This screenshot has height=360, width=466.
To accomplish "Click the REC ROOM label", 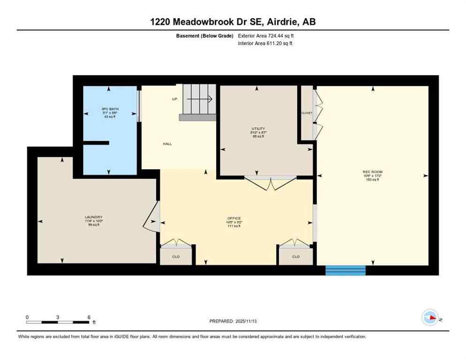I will click(x=372, y=172).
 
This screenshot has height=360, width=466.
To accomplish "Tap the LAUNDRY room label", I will click(x=93, y=217).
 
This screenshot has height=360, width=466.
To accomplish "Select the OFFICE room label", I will click(x=233, y=218).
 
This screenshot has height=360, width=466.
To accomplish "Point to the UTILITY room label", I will click(x=258, y=129).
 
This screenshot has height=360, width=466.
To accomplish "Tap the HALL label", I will click(x=167, y=144).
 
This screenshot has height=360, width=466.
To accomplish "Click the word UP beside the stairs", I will click(x=174, y=99).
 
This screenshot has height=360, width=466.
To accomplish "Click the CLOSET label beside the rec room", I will click(x=307, y=113).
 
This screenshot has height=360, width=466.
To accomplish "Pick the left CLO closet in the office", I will click(x=176, y=256).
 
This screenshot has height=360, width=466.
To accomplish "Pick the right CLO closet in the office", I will click(x=296, y=256).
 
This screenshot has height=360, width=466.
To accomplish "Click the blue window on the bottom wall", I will click(x=346, y=270).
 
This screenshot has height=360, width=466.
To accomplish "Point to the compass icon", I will click(x=429, y=317).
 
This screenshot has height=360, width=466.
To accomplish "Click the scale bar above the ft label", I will click(x=58, y=322).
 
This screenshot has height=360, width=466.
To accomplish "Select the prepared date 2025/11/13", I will click(x=233, y=321).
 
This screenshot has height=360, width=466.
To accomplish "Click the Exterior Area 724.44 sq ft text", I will click(x=266, y=35).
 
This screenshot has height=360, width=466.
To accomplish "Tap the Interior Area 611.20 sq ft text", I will click(x=266, y=44).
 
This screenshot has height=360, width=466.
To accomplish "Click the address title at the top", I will click(x=233, y=22).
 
